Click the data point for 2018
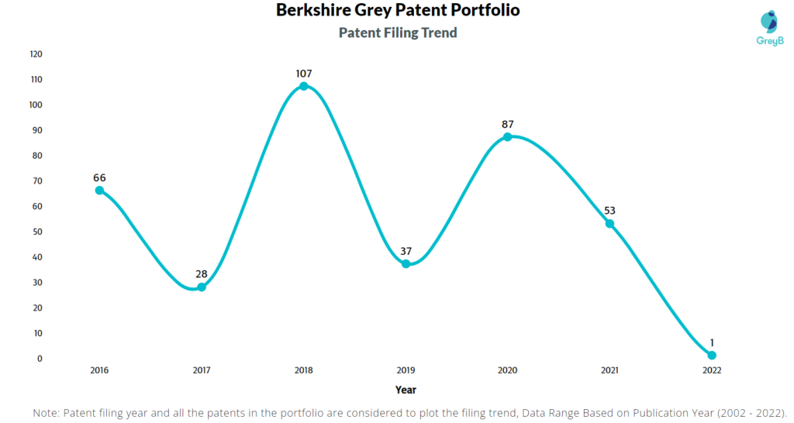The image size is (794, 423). tap(304, 86)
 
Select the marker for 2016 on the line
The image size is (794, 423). tap(99, 190)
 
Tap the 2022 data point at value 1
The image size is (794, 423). tap(712, 356)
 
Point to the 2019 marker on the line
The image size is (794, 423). tap(406, 264)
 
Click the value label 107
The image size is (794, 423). tap(304, 74)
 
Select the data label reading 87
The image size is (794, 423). tap(508, 124)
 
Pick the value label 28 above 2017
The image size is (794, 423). tap(202, 274)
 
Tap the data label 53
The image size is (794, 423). tap(609, 211)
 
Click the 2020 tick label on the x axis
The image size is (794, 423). tap(508, 370)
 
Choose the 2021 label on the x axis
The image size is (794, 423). tap(609, 370)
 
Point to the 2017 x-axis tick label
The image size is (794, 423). tap(202, 370)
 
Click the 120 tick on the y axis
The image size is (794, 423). tap(36, 54)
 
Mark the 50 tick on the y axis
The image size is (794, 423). tap(37, 232)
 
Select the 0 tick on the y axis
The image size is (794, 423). tap(39, 359)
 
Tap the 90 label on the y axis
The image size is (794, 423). tap(37, 130)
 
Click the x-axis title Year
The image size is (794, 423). tap(406, 390)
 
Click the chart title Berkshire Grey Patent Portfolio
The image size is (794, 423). tap(398, 11)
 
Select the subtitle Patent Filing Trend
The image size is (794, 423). tap(398, 33)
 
